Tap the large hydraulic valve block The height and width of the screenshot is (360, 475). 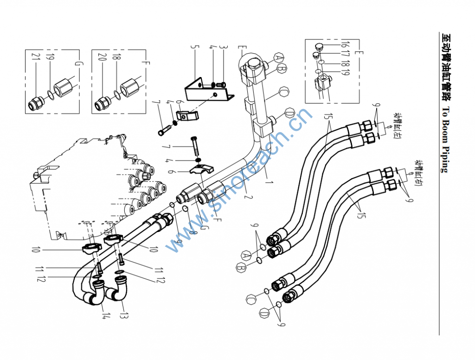click(x=74, y=181)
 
